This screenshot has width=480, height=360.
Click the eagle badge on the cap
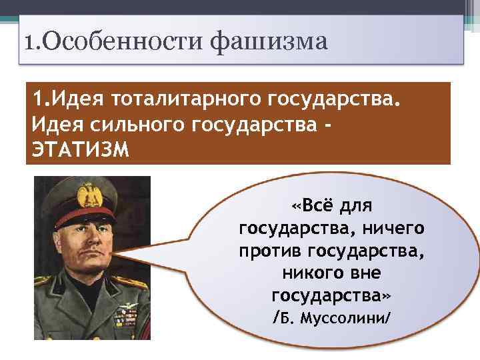pyautogui.click(x=86, y=197)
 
